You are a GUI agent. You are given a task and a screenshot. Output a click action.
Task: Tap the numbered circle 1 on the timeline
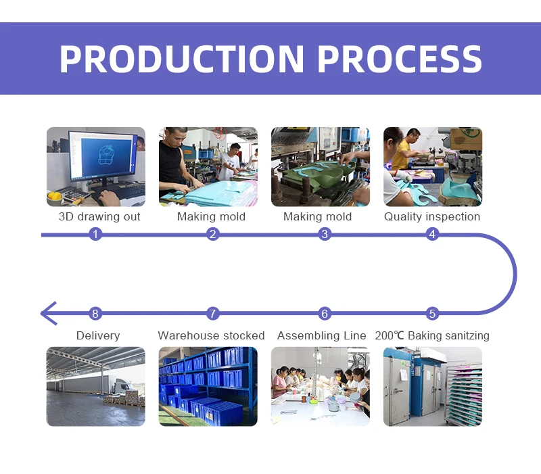pos(95,235)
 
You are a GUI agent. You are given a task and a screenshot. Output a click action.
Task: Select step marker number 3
pos(325,235)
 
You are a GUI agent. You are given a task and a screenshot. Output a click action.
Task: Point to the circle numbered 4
pos(432,235)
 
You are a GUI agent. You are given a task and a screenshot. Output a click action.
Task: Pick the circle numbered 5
pos(432,314)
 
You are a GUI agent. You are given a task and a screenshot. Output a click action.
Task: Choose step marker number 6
pos(325,314)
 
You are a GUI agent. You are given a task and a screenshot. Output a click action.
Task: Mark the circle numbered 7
pos(213,314)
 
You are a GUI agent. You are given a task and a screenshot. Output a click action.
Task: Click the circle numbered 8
pos(95,314)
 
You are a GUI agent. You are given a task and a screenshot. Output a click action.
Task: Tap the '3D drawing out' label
pos(99,217)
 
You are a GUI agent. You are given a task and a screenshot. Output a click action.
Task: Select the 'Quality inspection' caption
pos(432,217)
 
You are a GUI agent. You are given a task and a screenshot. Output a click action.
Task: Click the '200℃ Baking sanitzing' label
pos(432,336)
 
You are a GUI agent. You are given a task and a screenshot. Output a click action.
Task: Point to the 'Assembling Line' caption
pos(322,336)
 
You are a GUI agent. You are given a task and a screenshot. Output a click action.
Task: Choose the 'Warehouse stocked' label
pos(211,336)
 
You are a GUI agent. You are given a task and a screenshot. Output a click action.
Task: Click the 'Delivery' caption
pos(98,336)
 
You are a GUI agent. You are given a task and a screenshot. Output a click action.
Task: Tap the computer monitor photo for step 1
pos(95,166)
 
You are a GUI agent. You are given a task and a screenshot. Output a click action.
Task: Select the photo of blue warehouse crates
pos(208,386)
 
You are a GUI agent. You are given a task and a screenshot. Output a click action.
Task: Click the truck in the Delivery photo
pos(122,387)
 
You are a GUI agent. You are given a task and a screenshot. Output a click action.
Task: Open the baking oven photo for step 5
pos(433,386)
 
